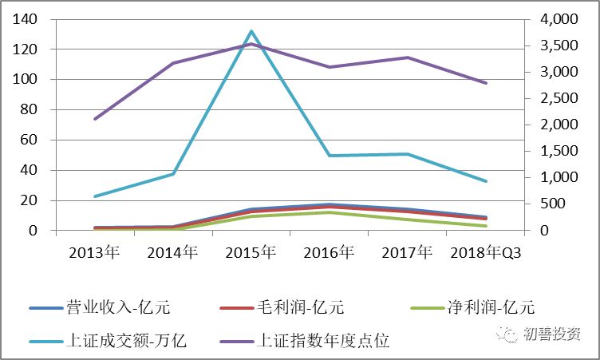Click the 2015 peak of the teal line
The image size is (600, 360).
tap(251, 32)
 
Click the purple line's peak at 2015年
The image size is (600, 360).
tap(251, 44)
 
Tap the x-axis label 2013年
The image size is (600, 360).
tap(95, 253)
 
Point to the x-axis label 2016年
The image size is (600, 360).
tap(330, 253)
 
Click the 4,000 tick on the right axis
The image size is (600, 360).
tap(553, 19)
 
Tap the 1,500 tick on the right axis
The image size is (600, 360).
tap(553, 151)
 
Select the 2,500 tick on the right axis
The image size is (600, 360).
tap(553, 98)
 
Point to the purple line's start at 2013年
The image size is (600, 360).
tap(95, 119)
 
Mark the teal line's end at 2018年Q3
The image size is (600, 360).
tap(486, 181)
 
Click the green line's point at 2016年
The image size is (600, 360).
tap(330, 212)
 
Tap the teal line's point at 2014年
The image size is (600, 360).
tap(173, 174)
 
